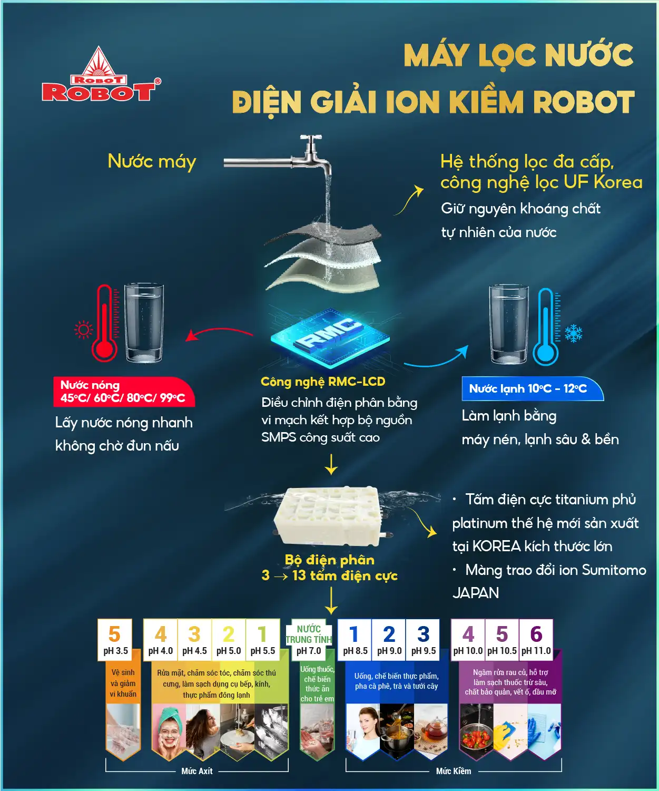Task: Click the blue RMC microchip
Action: [x=330, y=337]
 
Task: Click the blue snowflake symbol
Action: [x=574, y=333]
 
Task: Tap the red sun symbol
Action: [x=83, y=329]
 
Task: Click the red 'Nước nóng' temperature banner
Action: [x=124, y=392]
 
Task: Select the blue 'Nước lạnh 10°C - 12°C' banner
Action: [x=532, y=389]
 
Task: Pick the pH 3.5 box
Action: [x=115, y=640]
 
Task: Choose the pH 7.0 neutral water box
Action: [x=309, y=640]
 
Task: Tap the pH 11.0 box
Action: [x=536, y=640]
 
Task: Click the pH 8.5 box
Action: [x=355, y=640]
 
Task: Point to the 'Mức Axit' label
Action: [x=197, y=771]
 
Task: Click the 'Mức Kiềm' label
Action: [x=454, y=771]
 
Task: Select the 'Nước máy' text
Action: [x=152, y=162]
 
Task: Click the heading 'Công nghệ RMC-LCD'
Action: [x=323, y=382]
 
